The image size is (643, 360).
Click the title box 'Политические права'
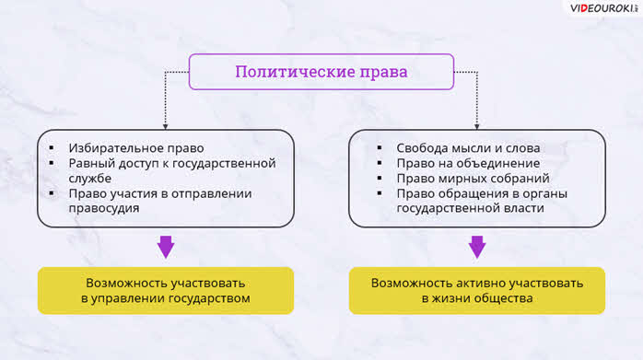coord(321,72)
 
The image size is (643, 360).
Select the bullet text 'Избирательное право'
coord(136,148)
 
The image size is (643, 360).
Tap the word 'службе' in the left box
coord(89,179)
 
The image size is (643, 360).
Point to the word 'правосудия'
coord(104,208)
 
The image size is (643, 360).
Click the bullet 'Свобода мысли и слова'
coord(468,148)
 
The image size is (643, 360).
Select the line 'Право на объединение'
coord(468,163)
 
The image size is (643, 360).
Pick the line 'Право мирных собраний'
coord(473,179)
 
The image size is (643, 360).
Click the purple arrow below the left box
coord(166,247)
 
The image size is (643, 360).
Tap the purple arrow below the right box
coord(477,247)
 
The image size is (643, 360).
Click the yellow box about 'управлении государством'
coord(166,291)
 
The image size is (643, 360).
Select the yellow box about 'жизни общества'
coord(477,291)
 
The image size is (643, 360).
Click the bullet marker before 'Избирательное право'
coord(52,147)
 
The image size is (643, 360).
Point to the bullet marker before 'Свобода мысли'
coord(380,147)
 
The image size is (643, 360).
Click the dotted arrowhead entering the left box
coord(165,127)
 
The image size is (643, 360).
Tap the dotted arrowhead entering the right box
coord(477,127)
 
